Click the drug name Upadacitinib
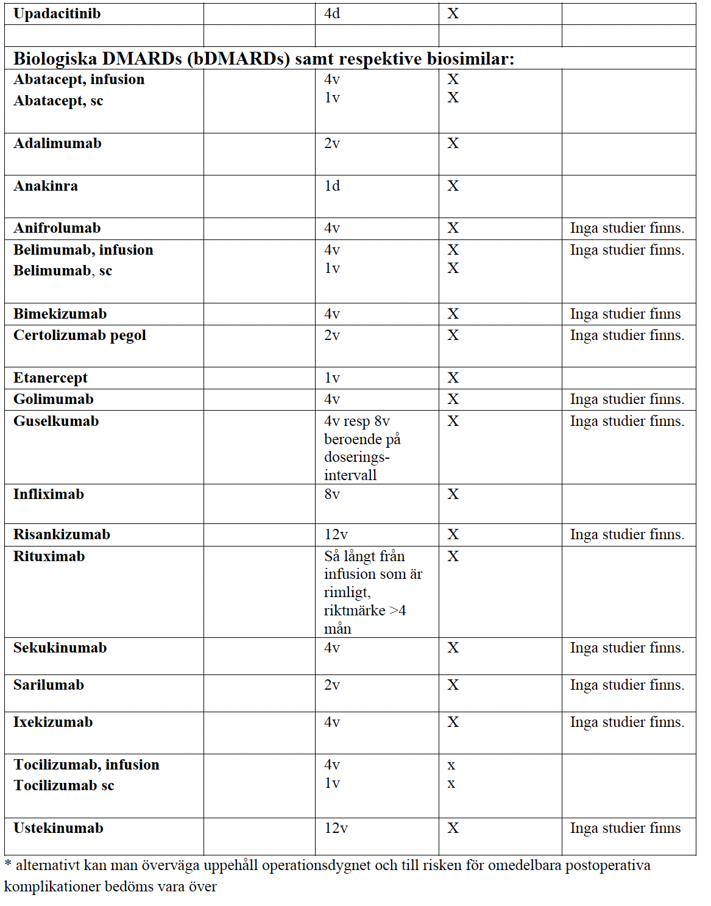pyautogui.click(x=57, y=13)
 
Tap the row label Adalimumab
pyautogui.click(x=57, y=143)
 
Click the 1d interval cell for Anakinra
pyautogui.click(x=332, y=186)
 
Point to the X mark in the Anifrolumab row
pyautogui.click(x=453, y=228)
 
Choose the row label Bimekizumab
pyautogui.click(x=60, y=314)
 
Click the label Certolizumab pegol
pyautogui.click(x=80, y=336)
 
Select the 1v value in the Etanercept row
pyautogui.click(x=332, y=378)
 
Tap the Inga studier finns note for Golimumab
pyautogui.click(x=627, y=399)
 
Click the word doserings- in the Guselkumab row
pyautogui.click(x=356, y=457)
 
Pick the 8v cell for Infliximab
pyautogui.click(x=332, y=494)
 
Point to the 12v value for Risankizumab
pyautogui.click(x=336, y=534)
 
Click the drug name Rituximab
pyautogui.click(x=49, y=556)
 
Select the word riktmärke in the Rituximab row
pyautogui.click(x=355, y=610)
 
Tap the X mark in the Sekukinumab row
pyautogui.click(x=453, y=648)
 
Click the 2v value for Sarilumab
pyautogui.click(x=332, y=685)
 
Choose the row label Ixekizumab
pyautogui.click(x=53, y=722)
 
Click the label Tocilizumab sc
pyautogui.click(x=64, y=785)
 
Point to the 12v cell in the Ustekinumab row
pyautogui.click(x=336, y=828)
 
